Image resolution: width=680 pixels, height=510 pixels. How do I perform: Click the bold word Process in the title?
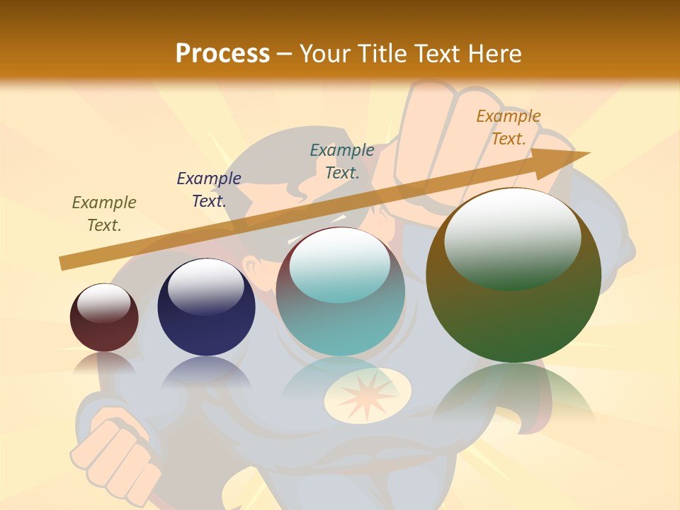point(222,54)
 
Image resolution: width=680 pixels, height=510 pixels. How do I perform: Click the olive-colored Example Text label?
point(104,213)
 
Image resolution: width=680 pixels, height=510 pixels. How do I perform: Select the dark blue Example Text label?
point(209,189)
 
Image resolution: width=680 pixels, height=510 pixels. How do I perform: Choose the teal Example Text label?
point(342,161)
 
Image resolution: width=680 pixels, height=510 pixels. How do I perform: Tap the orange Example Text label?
point(508,127)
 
